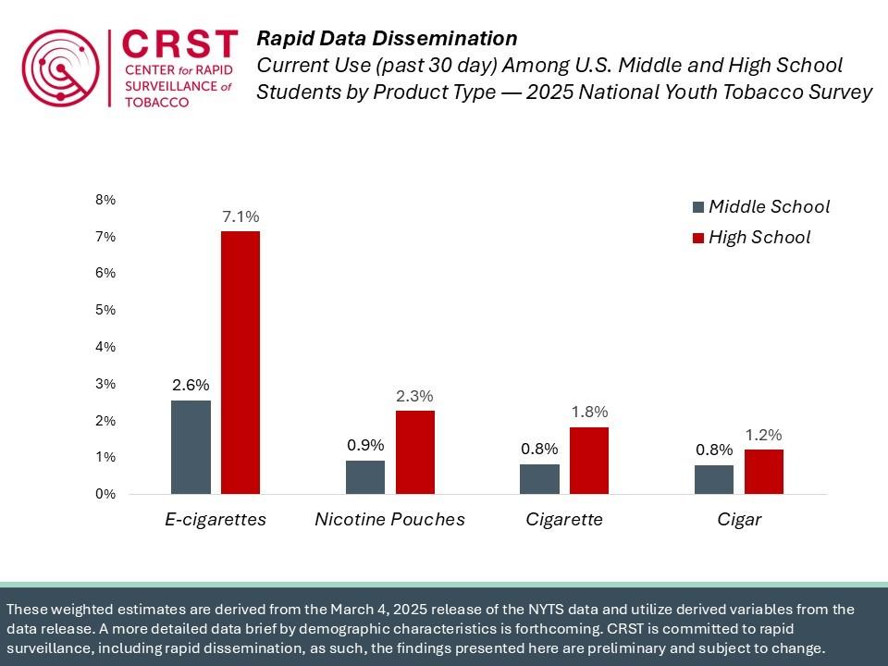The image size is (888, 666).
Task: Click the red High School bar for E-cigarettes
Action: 240,362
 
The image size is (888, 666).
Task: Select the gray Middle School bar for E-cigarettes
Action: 191,447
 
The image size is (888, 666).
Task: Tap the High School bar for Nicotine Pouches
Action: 414,451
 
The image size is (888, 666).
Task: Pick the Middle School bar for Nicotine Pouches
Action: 365,477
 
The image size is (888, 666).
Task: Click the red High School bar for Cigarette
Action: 589,460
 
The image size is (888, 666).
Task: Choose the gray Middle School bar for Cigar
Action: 715,479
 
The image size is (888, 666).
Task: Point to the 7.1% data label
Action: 240,216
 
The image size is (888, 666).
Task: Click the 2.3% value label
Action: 414,396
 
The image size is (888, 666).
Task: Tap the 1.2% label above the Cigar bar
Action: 763,435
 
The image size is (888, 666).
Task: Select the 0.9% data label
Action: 365,445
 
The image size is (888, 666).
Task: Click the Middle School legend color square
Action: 698,207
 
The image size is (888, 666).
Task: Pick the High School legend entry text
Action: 758,238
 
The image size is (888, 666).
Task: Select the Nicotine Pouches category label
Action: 389,520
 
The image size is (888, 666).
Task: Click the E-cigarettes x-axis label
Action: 216,520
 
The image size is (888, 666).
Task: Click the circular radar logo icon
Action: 61,68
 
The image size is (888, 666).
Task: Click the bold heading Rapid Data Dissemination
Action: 386,39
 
